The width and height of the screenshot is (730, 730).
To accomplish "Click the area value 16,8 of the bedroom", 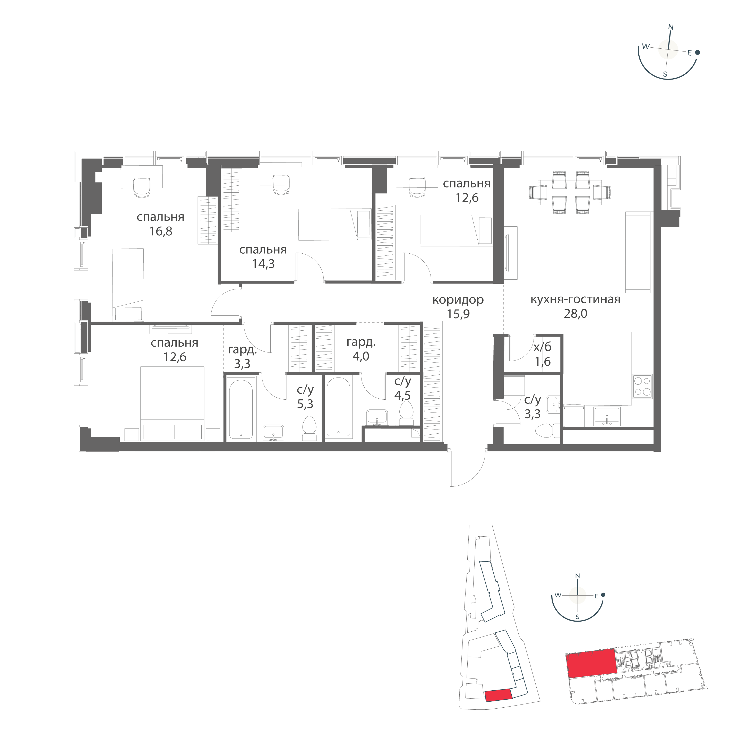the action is click(161, 231).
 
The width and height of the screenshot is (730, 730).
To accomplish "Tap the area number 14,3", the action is click(263, 264).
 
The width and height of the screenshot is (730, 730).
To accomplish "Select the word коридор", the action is click(458, 300).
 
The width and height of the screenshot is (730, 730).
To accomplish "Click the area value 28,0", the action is click(576, 314).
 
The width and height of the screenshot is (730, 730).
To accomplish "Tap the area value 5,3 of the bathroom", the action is click(305, 404).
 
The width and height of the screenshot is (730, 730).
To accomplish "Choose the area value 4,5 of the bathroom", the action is click(402, 395).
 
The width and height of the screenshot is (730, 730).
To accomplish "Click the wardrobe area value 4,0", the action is click(361, 356).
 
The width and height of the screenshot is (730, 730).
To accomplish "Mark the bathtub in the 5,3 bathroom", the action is click(241, 409).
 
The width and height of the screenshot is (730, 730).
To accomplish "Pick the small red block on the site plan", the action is click(498, 706).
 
